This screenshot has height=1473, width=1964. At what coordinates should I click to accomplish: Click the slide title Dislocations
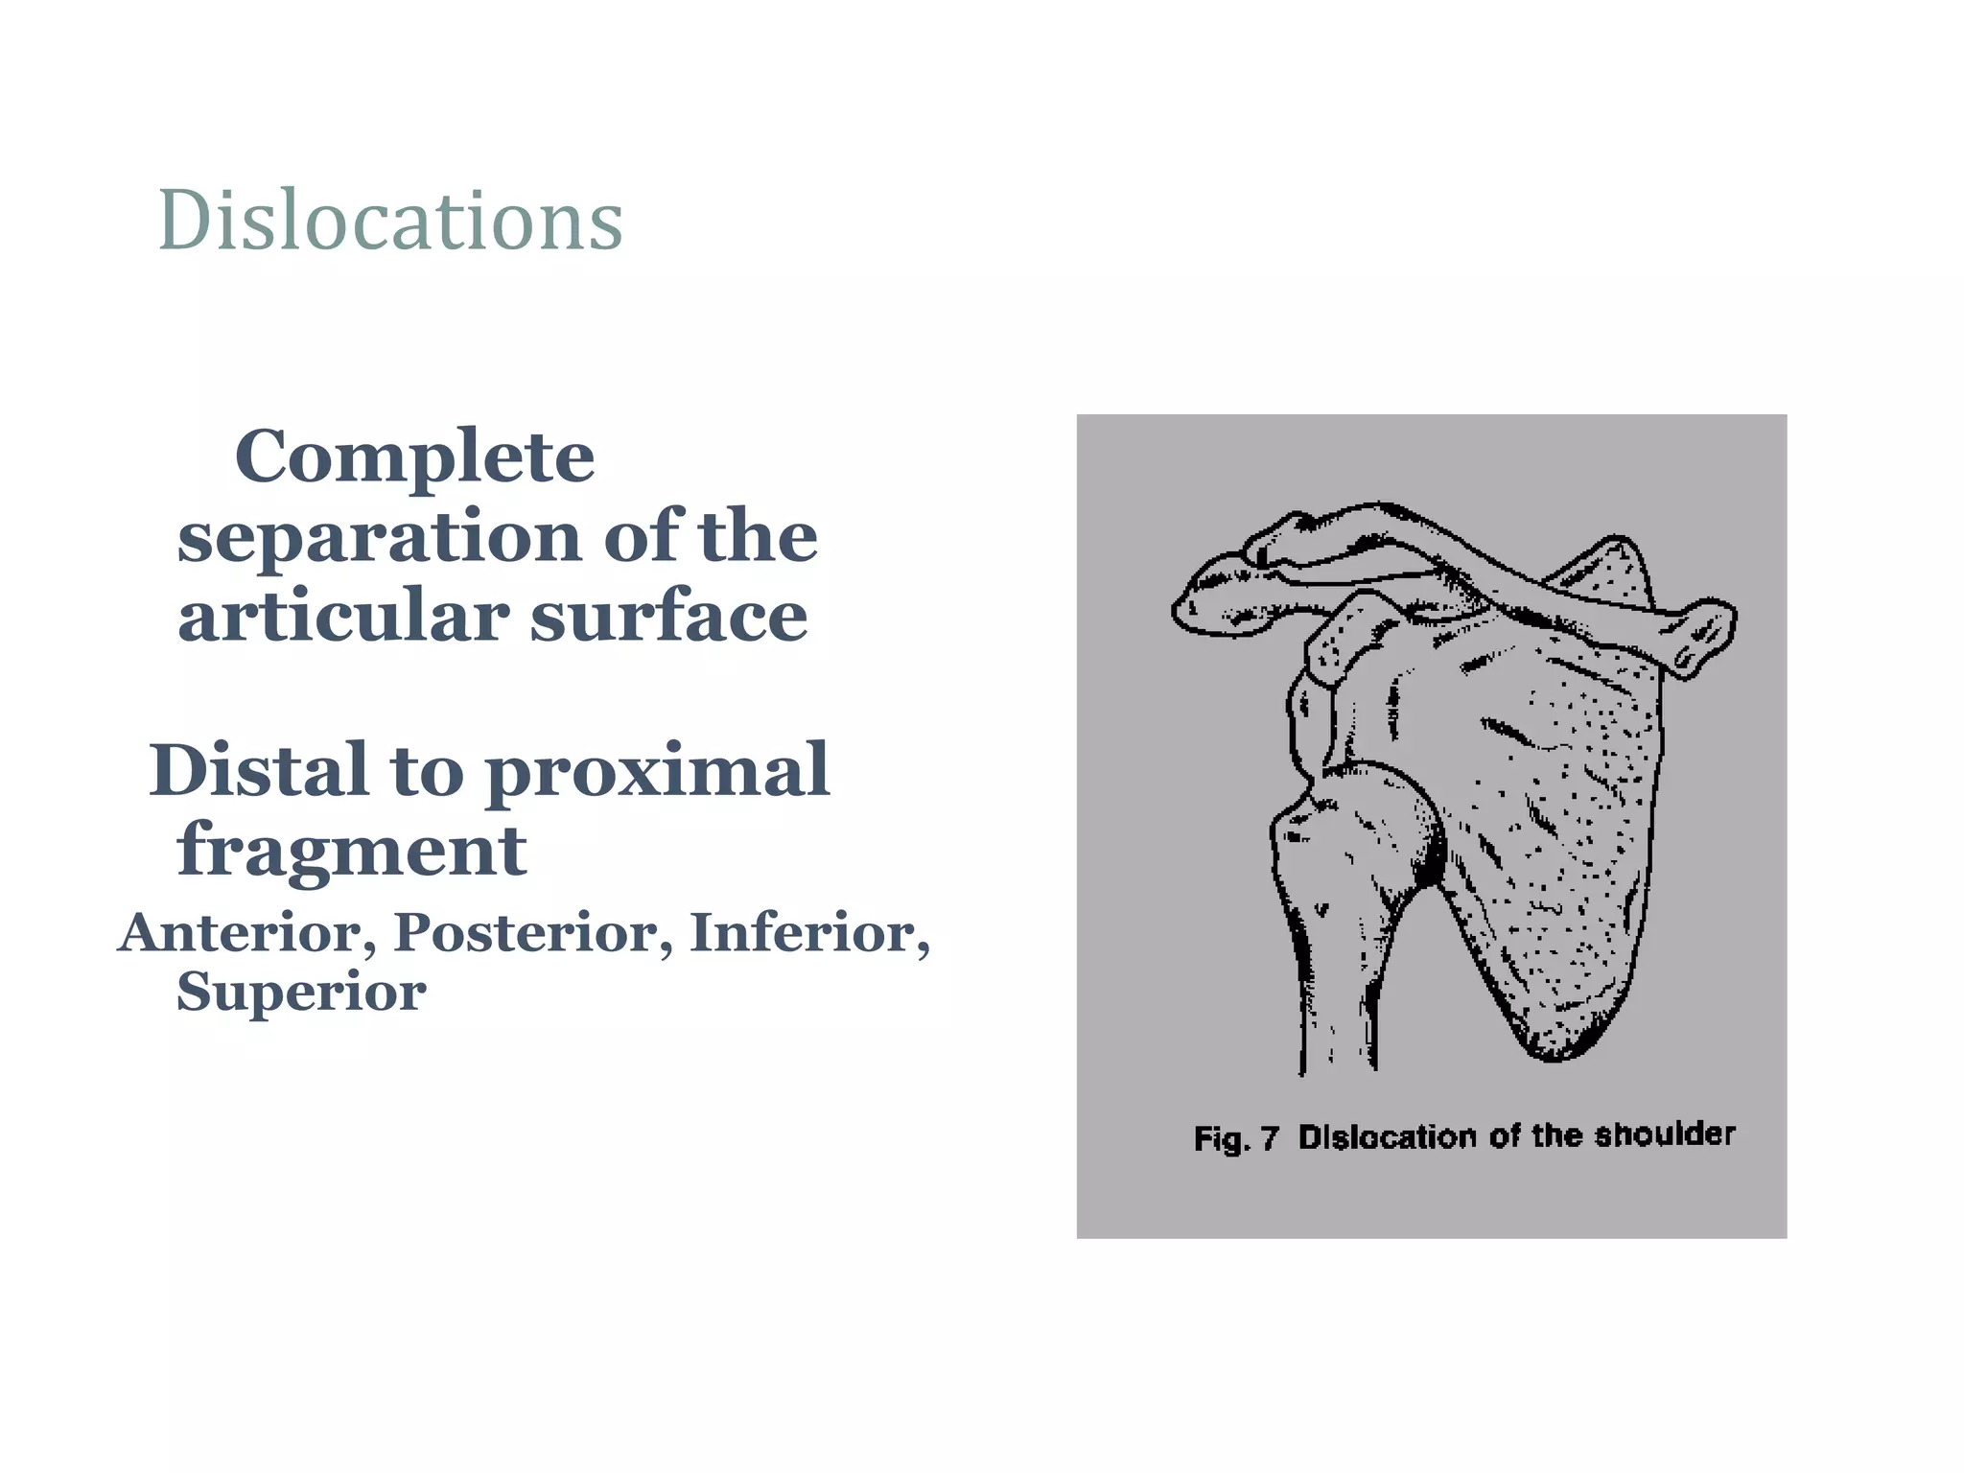click(390, 221)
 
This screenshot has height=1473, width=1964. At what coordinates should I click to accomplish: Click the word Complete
click(414, 457)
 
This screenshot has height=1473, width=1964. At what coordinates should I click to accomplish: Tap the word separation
click(379, 537)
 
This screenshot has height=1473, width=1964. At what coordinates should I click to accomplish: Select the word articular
click(342, 617)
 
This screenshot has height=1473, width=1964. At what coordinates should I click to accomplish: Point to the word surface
click(668, 617)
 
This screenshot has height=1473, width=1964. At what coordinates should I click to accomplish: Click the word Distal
click(259, 770)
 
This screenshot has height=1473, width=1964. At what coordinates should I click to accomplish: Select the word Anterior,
click(246, 933)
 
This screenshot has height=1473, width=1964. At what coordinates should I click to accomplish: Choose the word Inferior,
click(809, 933)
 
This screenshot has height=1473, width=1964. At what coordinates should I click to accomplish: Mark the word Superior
click(301, 993)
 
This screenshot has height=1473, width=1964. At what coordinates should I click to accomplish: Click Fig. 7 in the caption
click(1235, 1138)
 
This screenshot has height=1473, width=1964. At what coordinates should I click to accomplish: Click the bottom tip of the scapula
click(1554, 1050)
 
